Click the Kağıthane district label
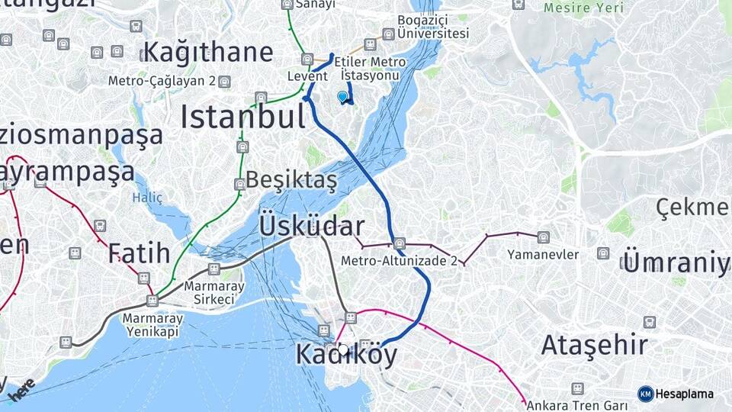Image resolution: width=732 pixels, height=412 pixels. [x=207, y=53]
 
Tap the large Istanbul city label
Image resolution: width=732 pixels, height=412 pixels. [x=242, y=117]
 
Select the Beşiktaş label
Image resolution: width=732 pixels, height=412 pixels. [x=292, y=181]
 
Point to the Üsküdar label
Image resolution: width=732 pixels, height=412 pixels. [x=311, y=227]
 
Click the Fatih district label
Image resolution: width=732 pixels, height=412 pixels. [x=139, y=253]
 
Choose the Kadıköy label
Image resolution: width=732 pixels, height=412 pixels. [x=346, y=355]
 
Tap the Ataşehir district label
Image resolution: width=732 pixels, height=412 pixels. [x=595, y=345]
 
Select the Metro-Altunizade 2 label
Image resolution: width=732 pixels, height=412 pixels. [x=399, y=260]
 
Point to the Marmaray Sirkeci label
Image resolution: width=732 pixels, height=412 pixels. [x=209, y=293]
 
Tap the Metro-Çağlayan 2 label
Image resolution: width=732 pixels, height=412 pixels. [x=168, y=81]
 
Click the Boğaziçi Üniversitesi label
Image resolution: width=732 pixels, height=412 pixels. [x=432, y=27]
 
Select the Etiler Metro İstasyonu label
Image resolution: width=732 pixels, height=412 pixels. [x=370, y=69]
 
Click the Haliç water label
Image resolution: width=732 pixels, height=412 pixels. [x=147, y=198]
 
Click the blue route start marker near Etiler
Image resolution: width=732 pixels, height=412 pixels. [x=342, y=97]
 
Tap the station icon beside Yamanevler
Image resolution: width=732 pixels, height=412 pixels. [x=543, y=237]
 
